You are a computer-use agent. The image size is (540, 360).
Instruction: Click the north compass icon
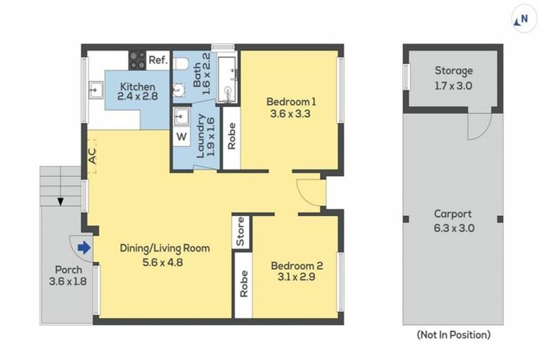click(x=524, y=18)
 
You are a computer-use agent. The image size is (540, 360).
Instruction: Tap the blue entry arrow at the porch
click(x=84, y=247)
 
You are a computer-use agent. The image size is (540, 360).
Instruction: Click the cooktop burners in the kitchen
click(x=137, y=60)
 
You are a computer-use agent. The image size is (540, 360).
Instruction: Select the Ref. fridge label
click(x=158, y=60)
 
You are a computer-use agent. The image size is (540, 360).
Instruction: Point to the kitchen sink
click(x=96, y=90)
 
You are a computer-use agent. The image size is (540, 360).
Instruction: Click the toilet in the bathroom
click(x=181, y=63)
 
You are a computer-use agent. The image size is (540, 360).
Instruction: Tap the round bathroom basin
click(x=179, y=90)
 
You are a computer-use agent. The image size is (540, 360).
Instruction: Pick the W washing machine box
click(x=181, y=137)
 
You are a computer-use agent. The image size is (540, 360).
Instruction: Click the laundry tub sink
click(x=181, y=117)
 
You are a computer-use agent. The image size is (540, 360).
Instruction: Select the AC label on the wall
click(x=92, y=155)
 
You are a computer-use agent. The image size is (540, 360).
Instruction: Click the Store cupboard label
click(x=240, y=231)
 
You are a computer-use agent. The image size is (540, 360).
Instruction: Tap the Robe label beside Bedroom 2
click(x=243, y=284)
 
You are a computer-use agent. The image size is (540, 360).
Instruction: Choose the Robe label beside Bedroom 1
click(x=232, y=136)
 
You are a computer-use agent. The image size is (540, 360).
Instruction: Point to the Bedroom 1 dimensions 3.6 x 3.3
click(x=290, y=114)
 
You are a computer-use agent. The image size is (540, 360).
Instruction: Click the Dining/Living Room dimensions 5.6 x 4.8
click(x=162, y=262)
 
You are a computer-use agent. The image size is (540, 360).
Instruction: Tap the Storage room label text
click(x=454, y=70)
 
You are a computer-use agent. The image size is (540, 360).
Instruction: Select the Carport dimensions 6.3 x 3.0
click(x=454, y=228)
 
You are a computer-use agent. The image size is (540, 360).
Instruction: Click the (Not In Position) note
click(x=454, y=335)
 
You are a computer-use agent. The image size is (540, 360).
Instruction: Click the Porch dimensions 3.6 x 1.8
click(x=67, y=281)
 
